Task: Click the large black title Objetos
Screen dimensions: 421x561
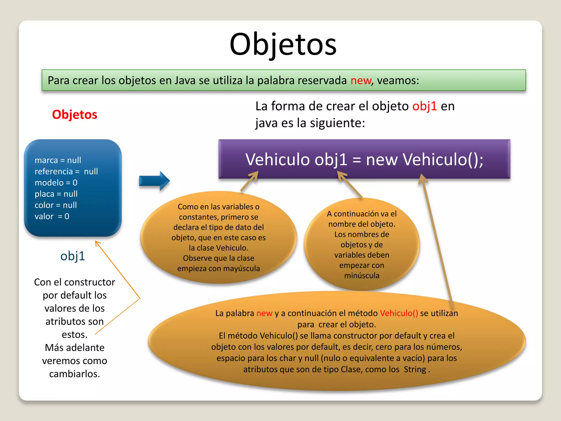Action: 283,44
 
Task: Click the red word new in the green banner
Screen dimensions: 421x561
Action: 360,81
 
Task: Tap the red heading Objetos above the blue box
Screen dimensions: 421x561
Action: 75,115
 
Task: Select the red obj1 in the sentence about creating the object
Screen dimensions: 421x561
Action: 424,106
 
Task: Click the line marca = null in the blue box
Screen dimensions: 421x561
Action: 58,160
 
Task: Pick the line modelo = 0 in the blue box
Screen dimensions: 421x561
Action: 56,183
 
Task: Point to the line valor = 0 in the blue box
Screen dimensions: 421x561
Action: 52,216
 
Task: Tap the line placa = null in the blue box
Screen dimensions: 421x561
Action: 56,194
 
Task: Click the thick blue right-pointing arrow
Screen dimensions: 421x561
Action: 154,181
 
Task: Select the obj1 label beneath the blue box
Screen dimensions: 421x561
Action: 73,256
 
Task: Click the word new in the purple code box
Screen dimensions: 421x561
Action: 382,160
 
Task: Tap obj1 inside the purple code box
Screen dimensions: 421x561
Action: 331,160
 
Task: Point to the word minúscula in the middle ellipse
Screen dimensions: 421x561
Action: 362,275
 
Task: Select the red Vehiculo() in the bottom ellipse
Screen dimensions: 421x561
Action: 399,313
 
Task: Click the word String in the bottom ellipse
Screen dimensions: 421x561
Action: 415,369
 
